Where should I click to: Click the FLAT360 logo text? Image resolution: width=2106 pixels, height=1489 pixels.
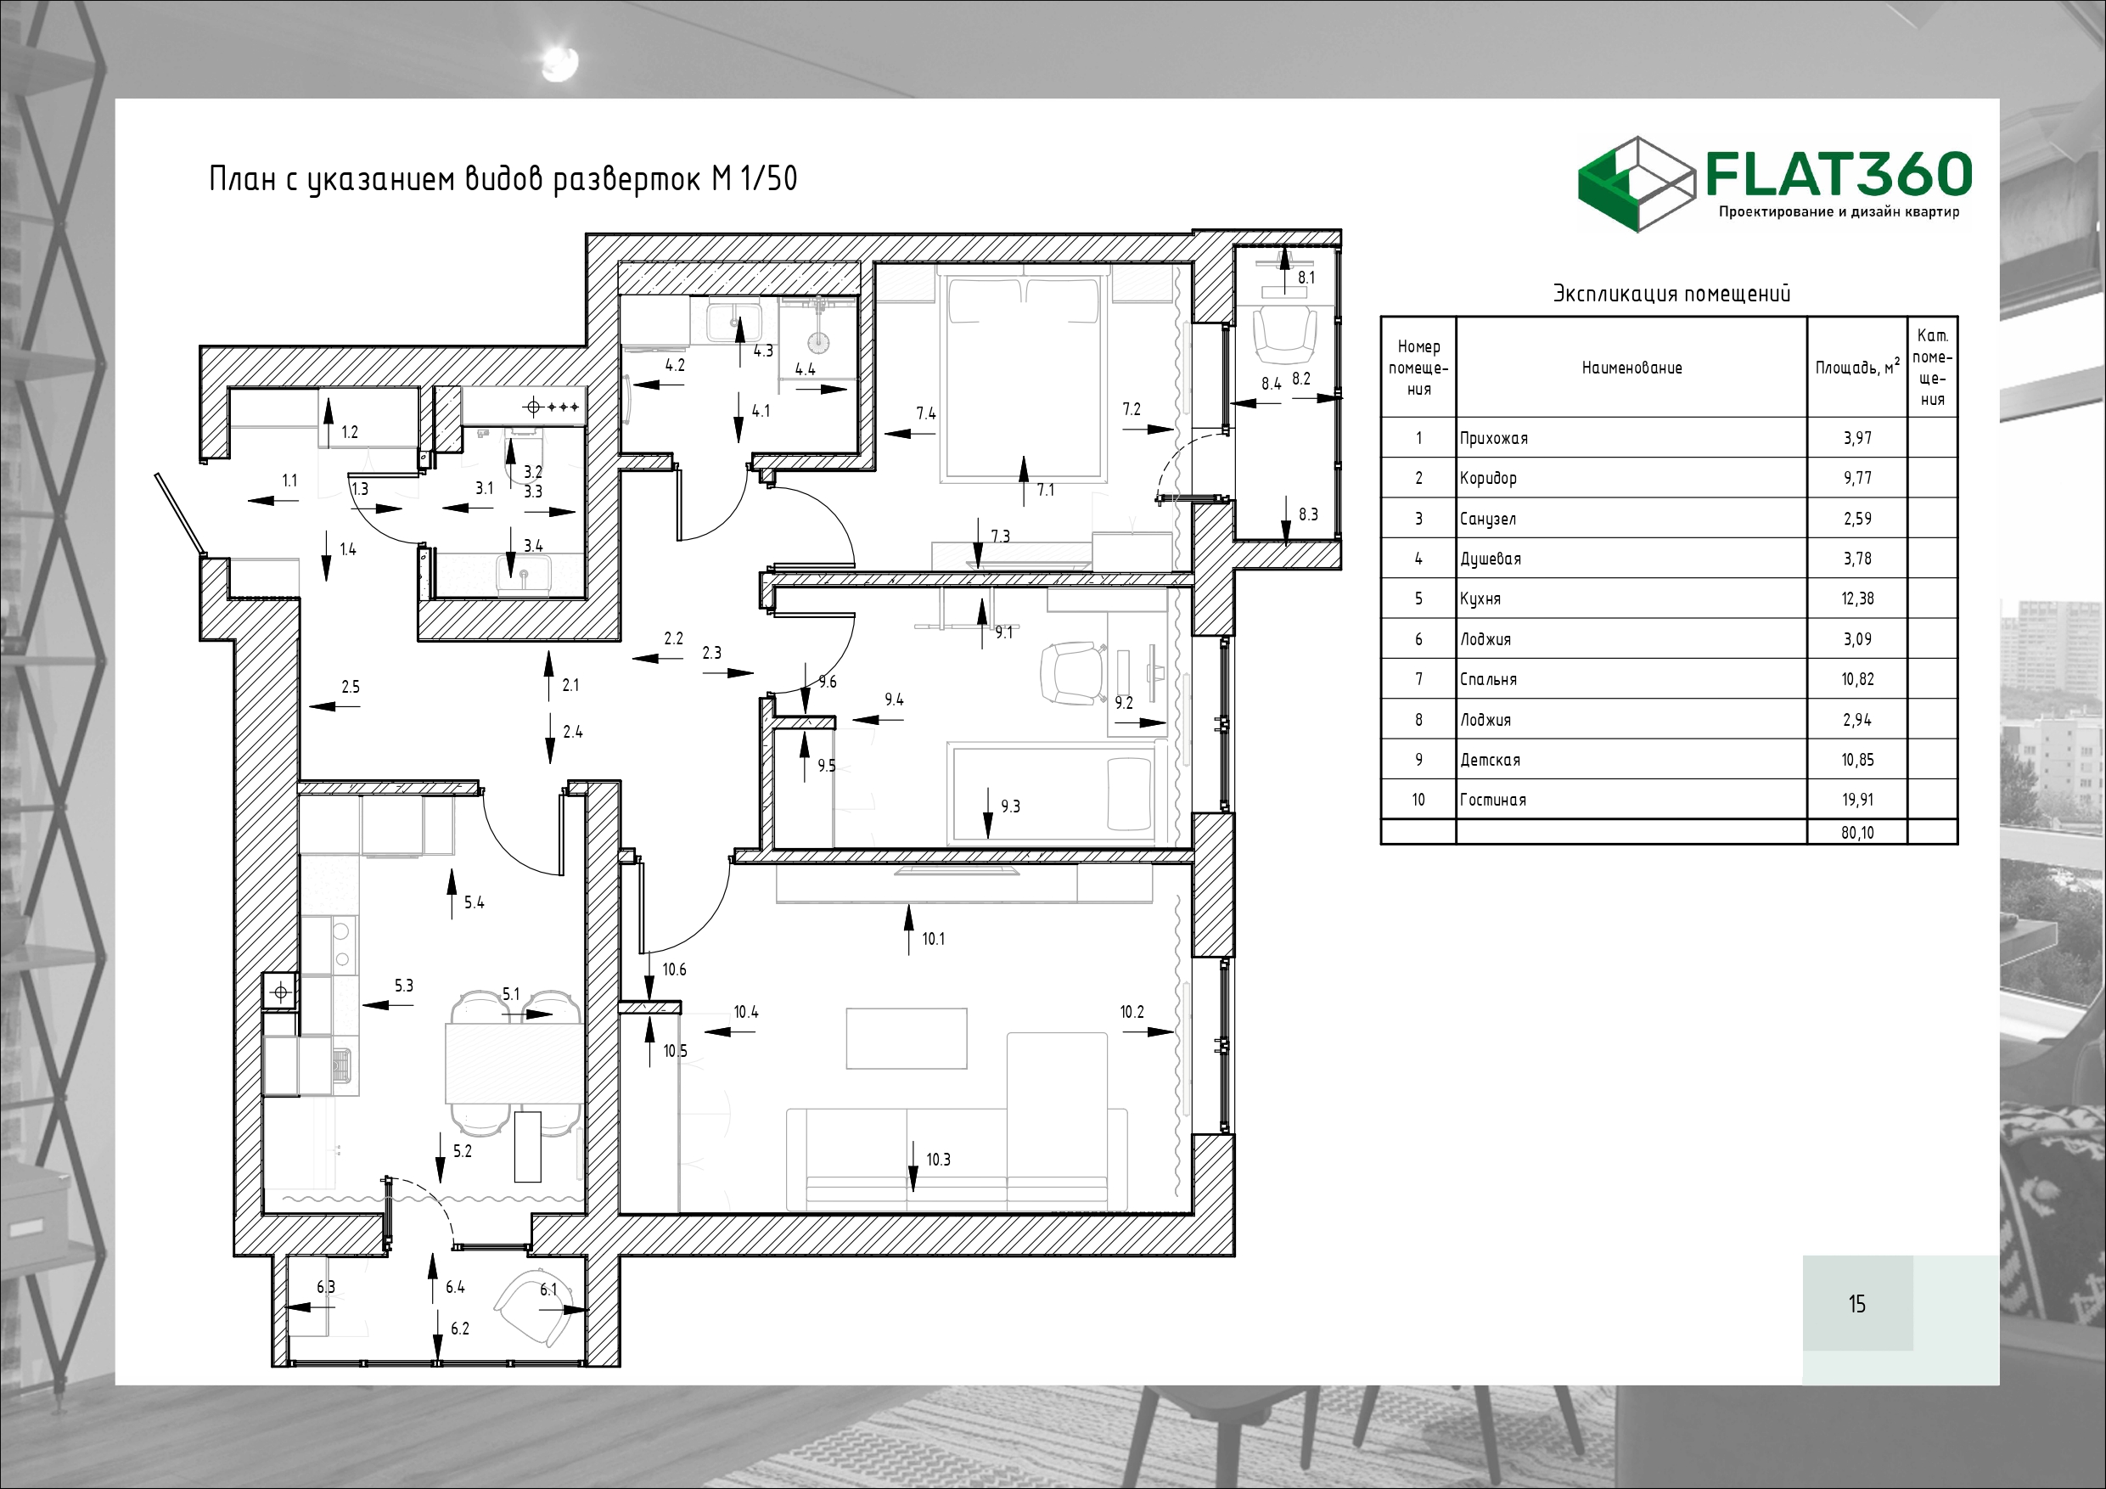pyautogui.click(x=1839, y=174)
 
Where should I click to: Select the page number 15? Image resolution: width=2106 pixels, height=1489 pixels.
pyautogui.click(x=1856, y=1304)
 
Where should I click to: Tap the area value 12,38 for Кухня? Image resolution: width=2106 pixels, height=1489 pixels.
pyautogui.click(x=1857, y=598)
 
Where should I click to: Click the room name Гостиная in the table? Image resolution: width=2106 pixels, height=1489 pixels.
pyautogui.click(x=1493, y=800)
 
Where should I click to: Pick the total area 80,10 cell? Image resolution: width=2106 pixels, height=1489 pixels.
pyautogui.click(x=1857, y=833)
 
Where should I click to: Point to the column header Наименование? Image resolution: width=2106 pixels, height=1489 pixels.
pyautogui.click(x=1631, y=368)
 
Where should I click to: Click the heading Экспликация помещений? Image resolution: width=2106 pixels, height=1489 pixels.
pyautogui.click(x=1671, y=294)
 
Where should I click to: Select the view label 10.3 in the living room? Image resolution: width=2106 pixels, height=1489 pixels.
pyautogui.click(x=938, y=1160)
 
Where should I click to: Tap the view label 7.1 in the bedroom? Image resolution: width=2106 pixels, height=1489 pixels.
pyautogui.click(x=1046, y=490)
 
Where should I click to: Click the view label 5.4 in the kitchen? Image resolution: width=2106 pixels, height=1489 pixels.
pyautogui.click(x=475, y=902)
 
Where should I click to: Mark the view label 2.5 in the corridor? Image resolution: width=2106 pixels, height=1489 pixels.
pyautogui.click(x=351, y=686)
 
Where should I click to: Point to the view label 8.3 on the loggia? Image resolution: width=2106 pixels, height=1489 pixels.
pyautogui.click(x=1308, y=514)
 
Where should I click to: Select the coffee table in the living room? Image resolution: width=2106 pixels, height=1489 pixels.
pyautogui.click(x=907, y=1038)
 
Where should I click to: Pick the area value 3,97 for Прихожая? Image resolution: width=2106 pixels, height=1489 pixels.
pyautogui.click(x=1857, y=438)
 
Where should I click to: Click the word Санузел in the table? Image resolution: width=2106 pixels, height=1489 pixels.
pyautogui.click(x=1488, y=520)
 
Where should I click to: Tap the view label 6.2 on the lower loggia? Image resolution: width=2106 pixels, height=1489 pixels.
pyautogui.click(x=459, y=1329)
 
